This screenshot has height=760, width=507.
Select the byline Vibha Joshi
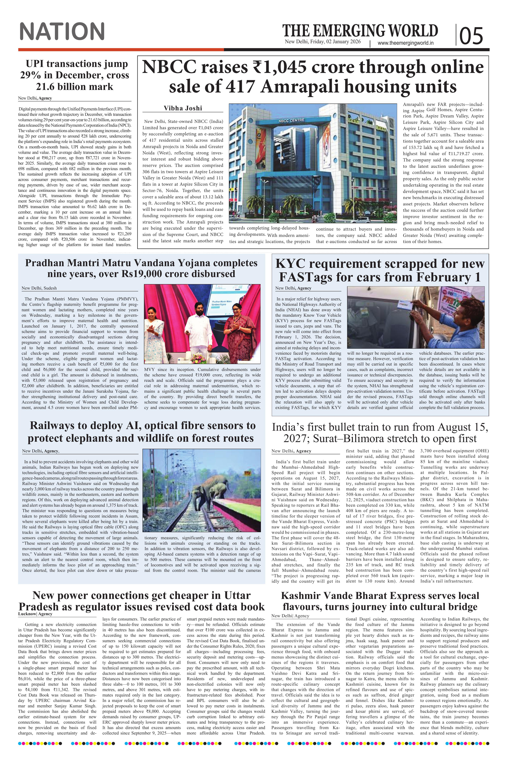click(x=183, y=108)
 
